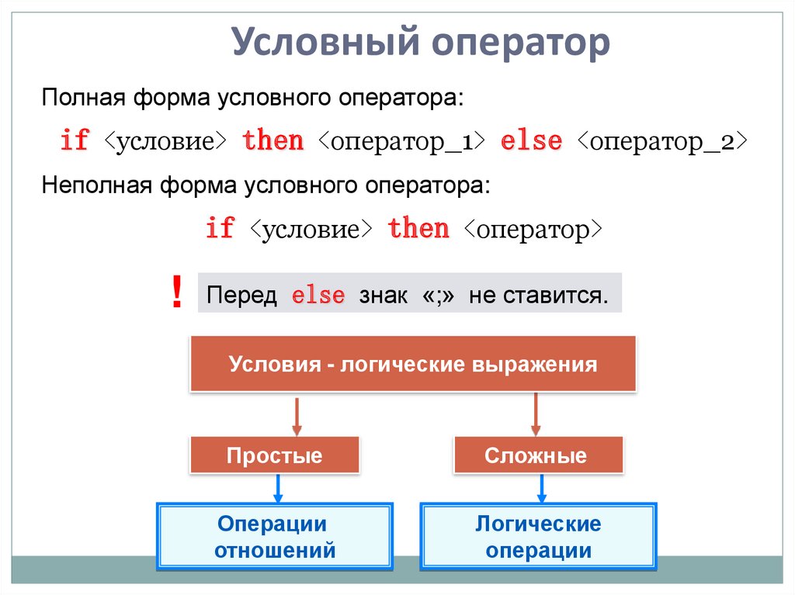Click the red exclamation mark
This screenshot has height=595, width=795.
coord(177,294)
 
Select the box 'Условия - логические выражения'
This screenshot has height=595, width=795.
coord(413,364)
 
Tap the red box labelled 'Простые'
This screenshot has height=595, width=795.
coord(274,455)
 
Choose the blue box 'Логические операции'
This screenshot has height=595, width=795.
coord(537,537)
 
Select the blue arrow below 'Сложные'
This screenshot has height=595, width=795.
coord(542,489)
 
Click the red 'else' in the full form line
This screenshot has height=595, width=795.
coord(531,142)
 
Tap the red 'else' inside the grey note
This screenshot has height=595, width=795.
coord(318,296)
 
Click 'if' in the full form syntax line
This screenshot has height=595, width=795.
coord(75,142)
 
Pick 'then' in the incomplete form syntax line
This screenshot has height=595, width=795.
coord(418,230)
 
